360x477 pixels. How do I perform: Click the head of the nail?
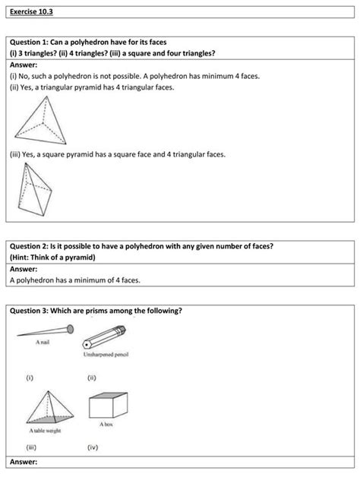tap(71, 329)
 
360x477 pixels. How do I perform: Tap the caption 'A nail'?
tap(44, 343)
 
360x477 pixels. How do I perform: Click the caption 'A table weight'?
tap(46, 431)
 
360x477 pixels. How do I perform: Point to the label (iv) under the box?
tap(93, 447)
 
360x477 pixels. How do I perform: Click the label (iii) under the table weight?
tap(32, 447)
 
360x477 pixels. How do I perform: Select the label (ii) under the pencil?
tap(92, 377)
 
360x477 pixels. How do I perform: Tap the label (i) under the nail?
tap(30, 377)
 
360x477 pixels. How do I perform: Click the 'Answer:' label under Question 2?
tap(24, 268)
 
